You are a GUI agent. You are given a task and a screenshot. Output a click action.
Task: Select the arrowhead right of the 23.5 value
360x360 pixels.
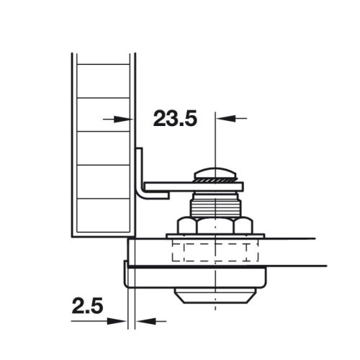point(222,119)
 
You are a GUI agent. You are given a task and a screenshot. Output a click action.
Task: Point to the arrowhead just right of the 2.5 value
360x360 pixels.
point(123,321)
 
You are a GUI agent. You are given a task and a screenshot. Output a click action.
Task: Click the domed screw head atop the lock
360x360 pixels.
point(215,174)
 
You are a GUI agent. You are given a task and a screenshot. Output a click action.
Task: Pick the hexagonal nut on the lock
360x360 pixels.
point(215,225)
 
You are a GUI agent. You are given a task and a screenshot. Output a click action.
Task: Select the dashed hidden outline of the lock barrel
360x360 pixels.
point(215,251)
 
